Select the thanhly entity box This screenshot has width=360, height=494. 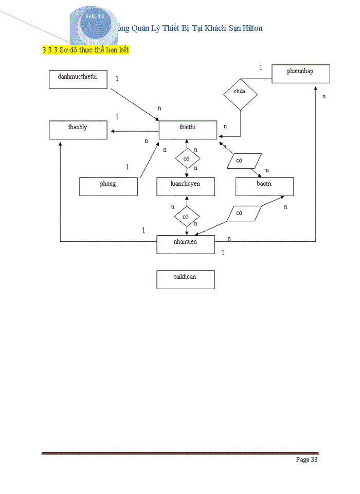78,130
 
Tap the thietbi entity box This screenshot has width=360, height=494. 188,130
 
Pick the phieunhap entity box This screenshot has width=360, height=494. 300,74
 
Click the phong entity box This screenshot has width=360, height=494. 108,186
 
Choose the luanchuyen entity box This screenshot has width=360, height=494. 186,186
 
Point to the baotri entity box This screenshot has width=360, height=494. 264,186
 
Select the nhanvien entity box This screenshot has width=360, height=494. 186,244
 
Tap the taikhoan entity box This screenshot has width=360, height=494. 186,279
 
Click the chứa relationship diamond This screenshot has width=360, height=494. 240,92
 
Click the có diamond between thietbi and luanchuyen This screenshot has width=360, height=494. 187,159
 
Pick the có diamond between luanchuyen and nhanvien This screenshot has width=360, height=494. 187,217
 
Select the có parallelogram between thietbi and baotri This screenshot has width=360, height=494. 244,161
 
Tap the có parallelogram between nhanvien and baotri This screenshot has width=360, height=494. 244,213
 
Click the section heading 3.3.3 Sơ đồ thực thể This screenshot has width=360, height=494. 85,50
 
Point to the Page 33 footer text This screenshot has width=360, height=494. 307,460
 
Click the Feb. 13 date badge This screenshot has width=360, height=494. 95,17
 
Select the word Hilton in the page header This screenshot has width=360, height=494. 249,28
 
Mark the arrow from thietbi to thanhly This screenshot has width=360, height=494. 134,131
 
